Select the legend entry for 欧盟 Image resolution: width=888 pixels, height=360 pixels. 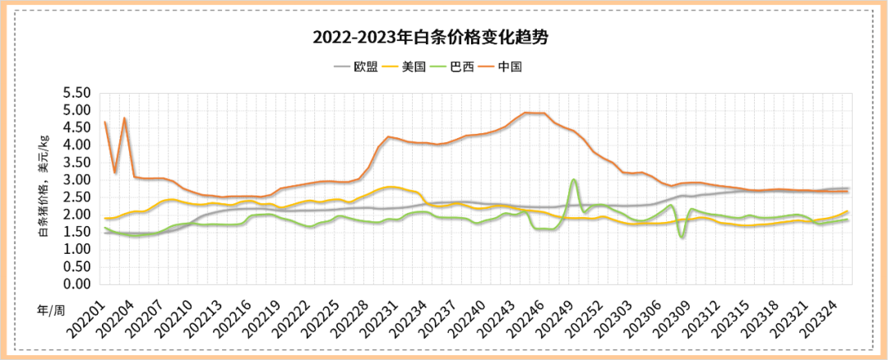(365, 67)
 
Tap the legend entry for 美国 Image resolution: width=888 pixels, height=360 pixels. (414, 67)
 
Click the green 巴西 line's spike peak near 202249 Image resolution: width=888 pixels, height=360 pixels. (574, 179)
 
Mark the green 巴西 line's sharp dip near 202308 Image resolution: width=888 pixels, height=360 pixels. (682, 238)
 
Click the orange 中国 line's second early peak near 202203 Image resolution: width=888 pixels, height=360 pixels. (124, 118)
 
